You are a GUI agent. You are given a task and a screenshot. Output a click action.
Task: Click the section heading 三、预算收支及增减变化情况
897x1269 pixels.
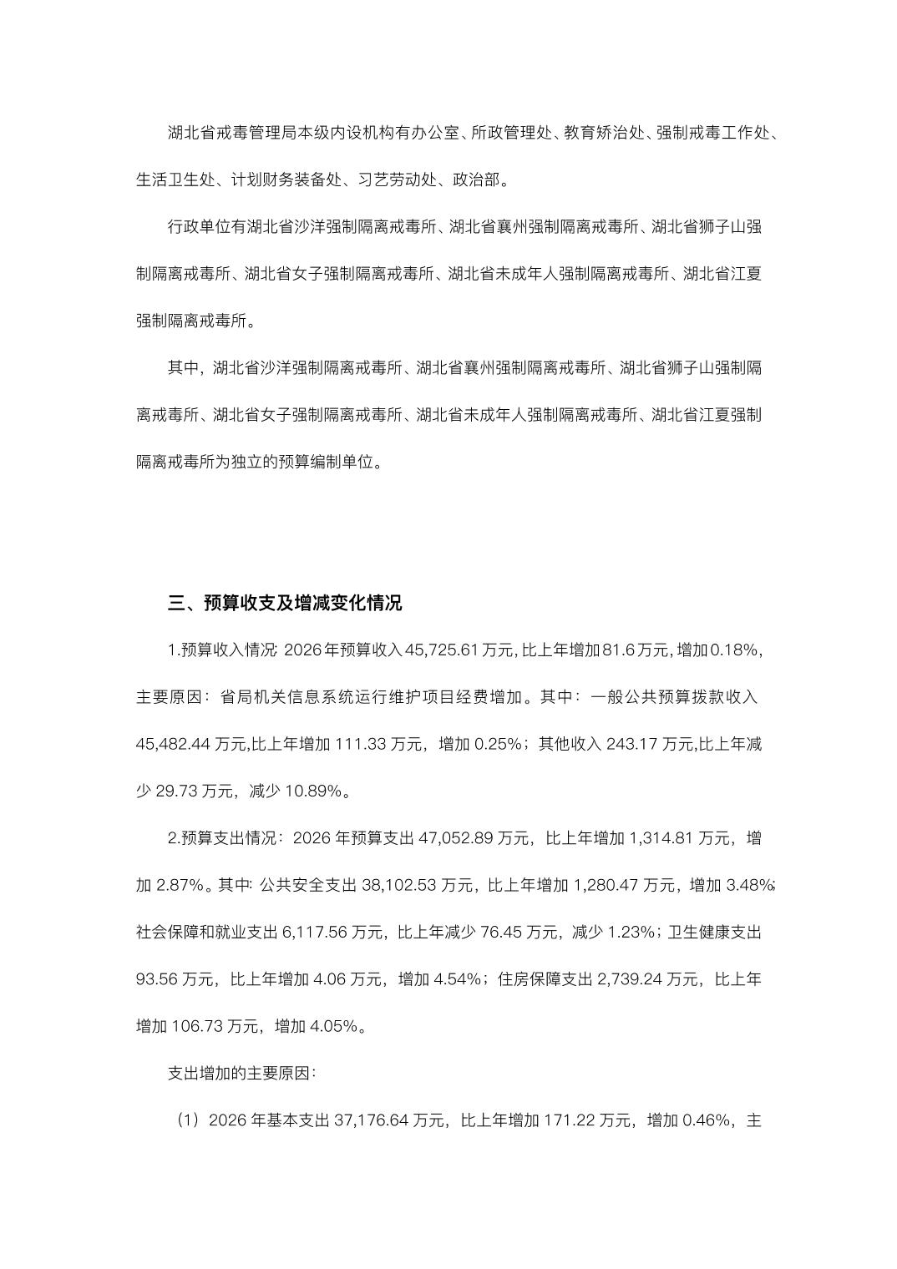coord(285,603)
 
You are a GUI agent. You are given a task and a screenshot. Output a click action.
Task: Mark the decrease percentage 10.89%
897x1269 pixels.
coord(314,791)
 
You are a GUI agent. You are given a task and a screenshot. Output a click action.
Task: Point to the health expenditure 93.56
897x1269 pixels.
coord(158,978)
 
